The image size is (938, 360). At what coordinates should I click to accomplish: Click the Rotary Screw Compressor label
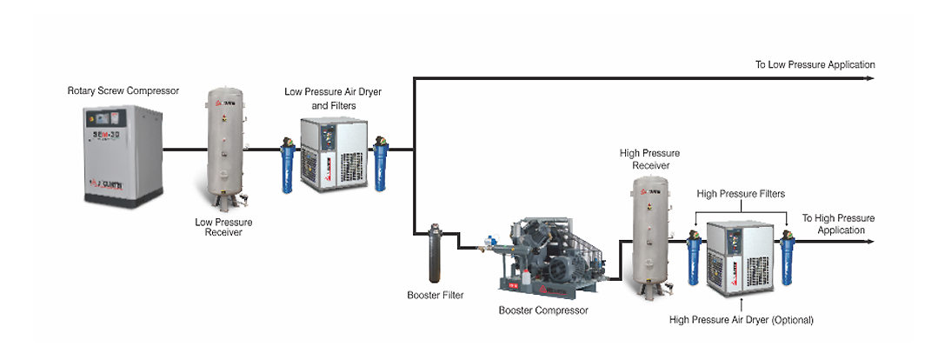(123, 90)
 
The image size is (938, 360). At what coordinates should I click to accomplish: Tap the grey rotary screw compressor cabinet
(123, 155)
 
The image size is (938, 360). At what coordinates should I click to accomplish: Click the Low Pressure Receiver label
(223, 227)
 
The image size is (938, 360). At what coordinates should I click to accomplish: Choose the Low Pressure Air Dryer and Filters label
(333, 98)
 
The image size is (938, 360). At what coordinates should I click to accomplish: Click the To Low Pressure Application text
(815, 65)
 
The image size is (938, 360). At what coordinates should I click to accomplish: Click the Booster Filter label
(435, 296)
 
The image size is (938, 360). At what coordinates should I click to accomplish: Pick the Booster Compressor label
(543, 310)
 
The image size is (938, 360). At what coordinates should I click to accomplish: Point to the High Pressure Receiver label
(649, 159)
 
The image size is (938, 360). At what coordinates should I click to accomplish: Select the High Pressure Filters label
(741, 194)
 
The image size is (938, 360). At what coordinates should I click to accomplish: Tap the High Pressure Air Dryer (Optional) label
(741, 320)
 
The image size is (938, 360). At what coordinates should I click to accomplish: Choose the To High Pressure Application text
(838, 223)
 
